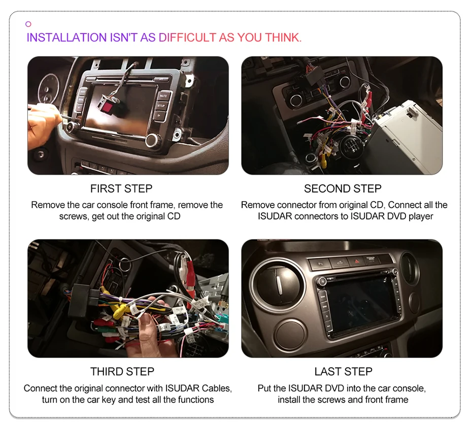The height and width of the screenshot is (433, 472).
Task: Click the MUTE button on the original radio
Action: pos(163,95)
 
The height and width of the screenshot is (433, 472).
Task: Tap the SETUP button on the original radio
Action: pos(161,105)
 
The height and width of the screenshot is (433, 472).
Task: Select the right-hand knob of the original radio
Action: pos(153,140)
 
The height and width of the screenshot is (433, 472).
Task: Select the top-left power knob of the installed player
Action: pos(321,280)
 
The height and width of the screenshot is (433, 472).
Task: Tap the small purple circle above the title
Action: pos(28,24)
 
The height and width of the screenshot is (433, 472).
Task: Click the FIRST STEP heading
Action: pos(121,189)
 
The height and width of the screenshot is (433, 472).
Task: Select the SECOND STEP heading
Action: pos(343,189)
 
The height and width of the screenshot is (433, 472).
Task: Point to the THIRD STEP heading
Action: pos(122,372)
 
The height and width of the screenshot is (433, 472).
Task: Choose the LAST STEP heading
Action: pos(343,372)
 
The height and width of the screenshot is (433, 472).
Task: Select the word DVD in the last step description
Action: pos(333,388)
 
